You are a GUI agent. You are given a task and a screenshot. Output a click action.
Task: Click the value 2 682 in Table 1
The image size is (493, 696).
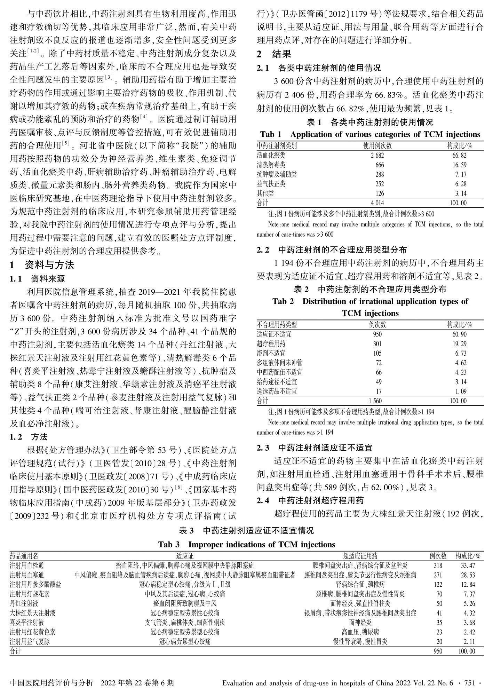pos(377,156)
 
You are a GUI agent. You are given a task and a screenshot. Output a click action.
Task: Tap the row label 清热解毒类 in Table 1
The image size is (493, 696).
pos(271,165)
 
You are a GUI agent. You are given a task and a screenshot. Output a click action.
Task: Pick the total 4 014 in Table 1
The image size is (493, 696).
pos(377,203)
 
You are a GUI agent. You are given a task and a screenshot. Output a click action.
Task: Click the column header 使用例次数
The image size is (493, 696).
pos(377,146)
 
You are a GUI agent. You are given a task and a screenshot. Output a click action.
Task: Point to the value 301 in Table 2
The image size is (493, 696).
pos(377,344)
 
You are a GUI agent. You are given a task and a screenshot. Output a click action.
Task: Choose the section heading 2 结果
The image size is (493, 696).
pos(274,54)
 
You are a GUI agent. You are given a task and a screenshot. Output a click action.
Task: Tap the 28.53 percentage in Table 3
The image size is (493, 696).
pos(468,575)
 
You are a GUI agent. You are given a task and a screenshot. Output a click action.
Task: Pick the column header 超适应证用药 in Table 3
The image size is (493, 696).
pos(360,556)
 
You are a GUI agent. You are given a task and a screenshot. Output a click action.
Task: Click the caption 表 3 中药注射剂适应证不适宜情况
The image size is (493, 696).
pos(246,531)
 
